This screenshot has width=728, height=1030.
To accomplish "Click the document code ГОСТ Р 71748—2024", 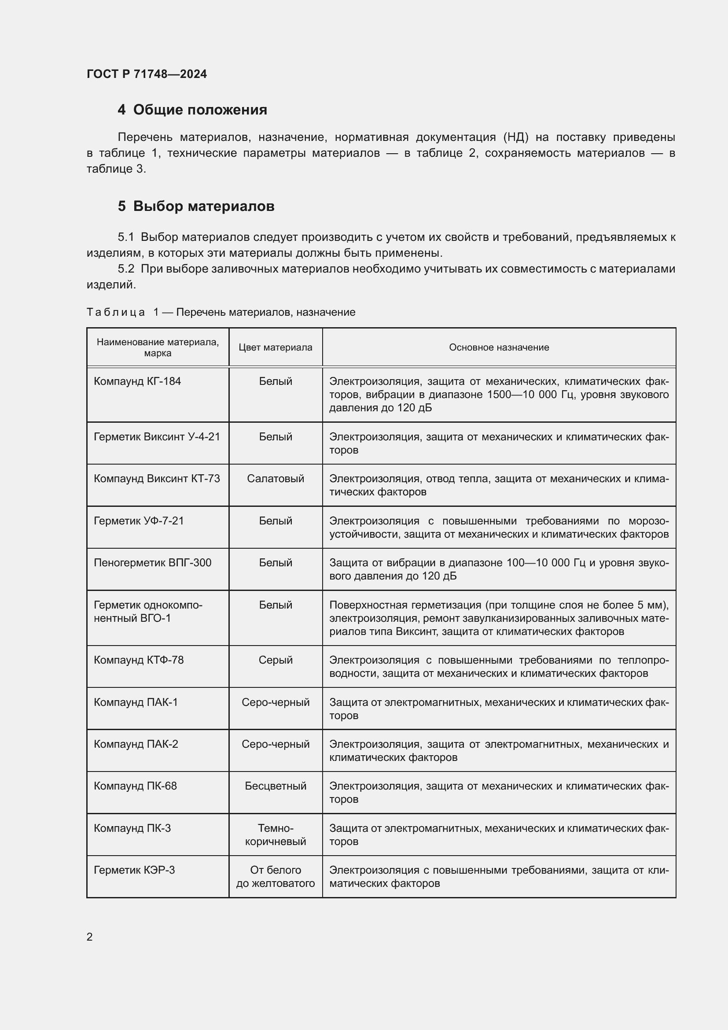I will pos(147,74).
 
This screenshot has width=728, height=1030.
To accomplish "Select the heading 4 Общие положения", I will pos(192,110).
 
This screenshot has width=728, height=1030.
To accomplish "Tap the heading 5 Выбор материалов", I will pos(196,207).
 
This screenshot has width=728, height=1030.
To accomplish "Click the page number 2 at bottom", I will pos(90,937).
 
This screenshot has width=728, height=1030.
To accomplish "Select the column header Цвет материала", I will pos(275,347).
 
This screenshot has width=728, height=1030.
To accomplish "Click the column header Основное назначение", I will pos(499,347).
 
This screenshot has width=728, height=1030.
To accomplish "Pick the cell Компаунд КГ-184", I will pos(137,381).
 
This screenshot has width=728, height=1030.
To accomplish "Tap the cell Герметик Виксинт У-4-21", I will pos(157,436).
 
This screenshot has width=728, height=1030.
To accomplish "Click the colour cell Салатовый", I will pos(275,479).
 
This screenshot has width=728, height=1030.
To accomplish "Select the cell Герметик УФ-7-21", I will pos(139,521).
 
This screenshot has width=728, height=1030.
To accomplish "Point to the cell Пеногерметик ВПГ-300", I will pos(152,562).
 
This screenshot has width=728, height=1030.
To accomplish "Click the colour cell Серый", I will pos(275,660).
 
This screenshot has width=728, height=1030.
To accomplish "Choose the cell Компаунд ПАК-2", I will pos(136,744).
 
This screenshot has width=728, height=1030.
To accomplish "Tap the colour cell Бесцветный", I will pos(275,786).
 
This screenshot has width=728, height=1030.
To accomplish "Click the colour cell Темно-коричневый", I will pos(275,834).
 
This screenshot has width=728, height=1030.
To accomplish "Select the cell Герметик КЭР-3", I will pos(134,870).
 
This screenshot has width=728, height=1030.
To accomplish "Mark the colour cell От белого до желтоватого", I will pos(275,877).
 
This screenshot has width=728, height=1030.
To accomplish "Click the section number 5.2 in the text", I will pos(126,269).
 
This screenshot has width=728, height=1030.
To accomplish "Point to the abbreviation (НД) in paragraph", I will pos(515,137).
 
